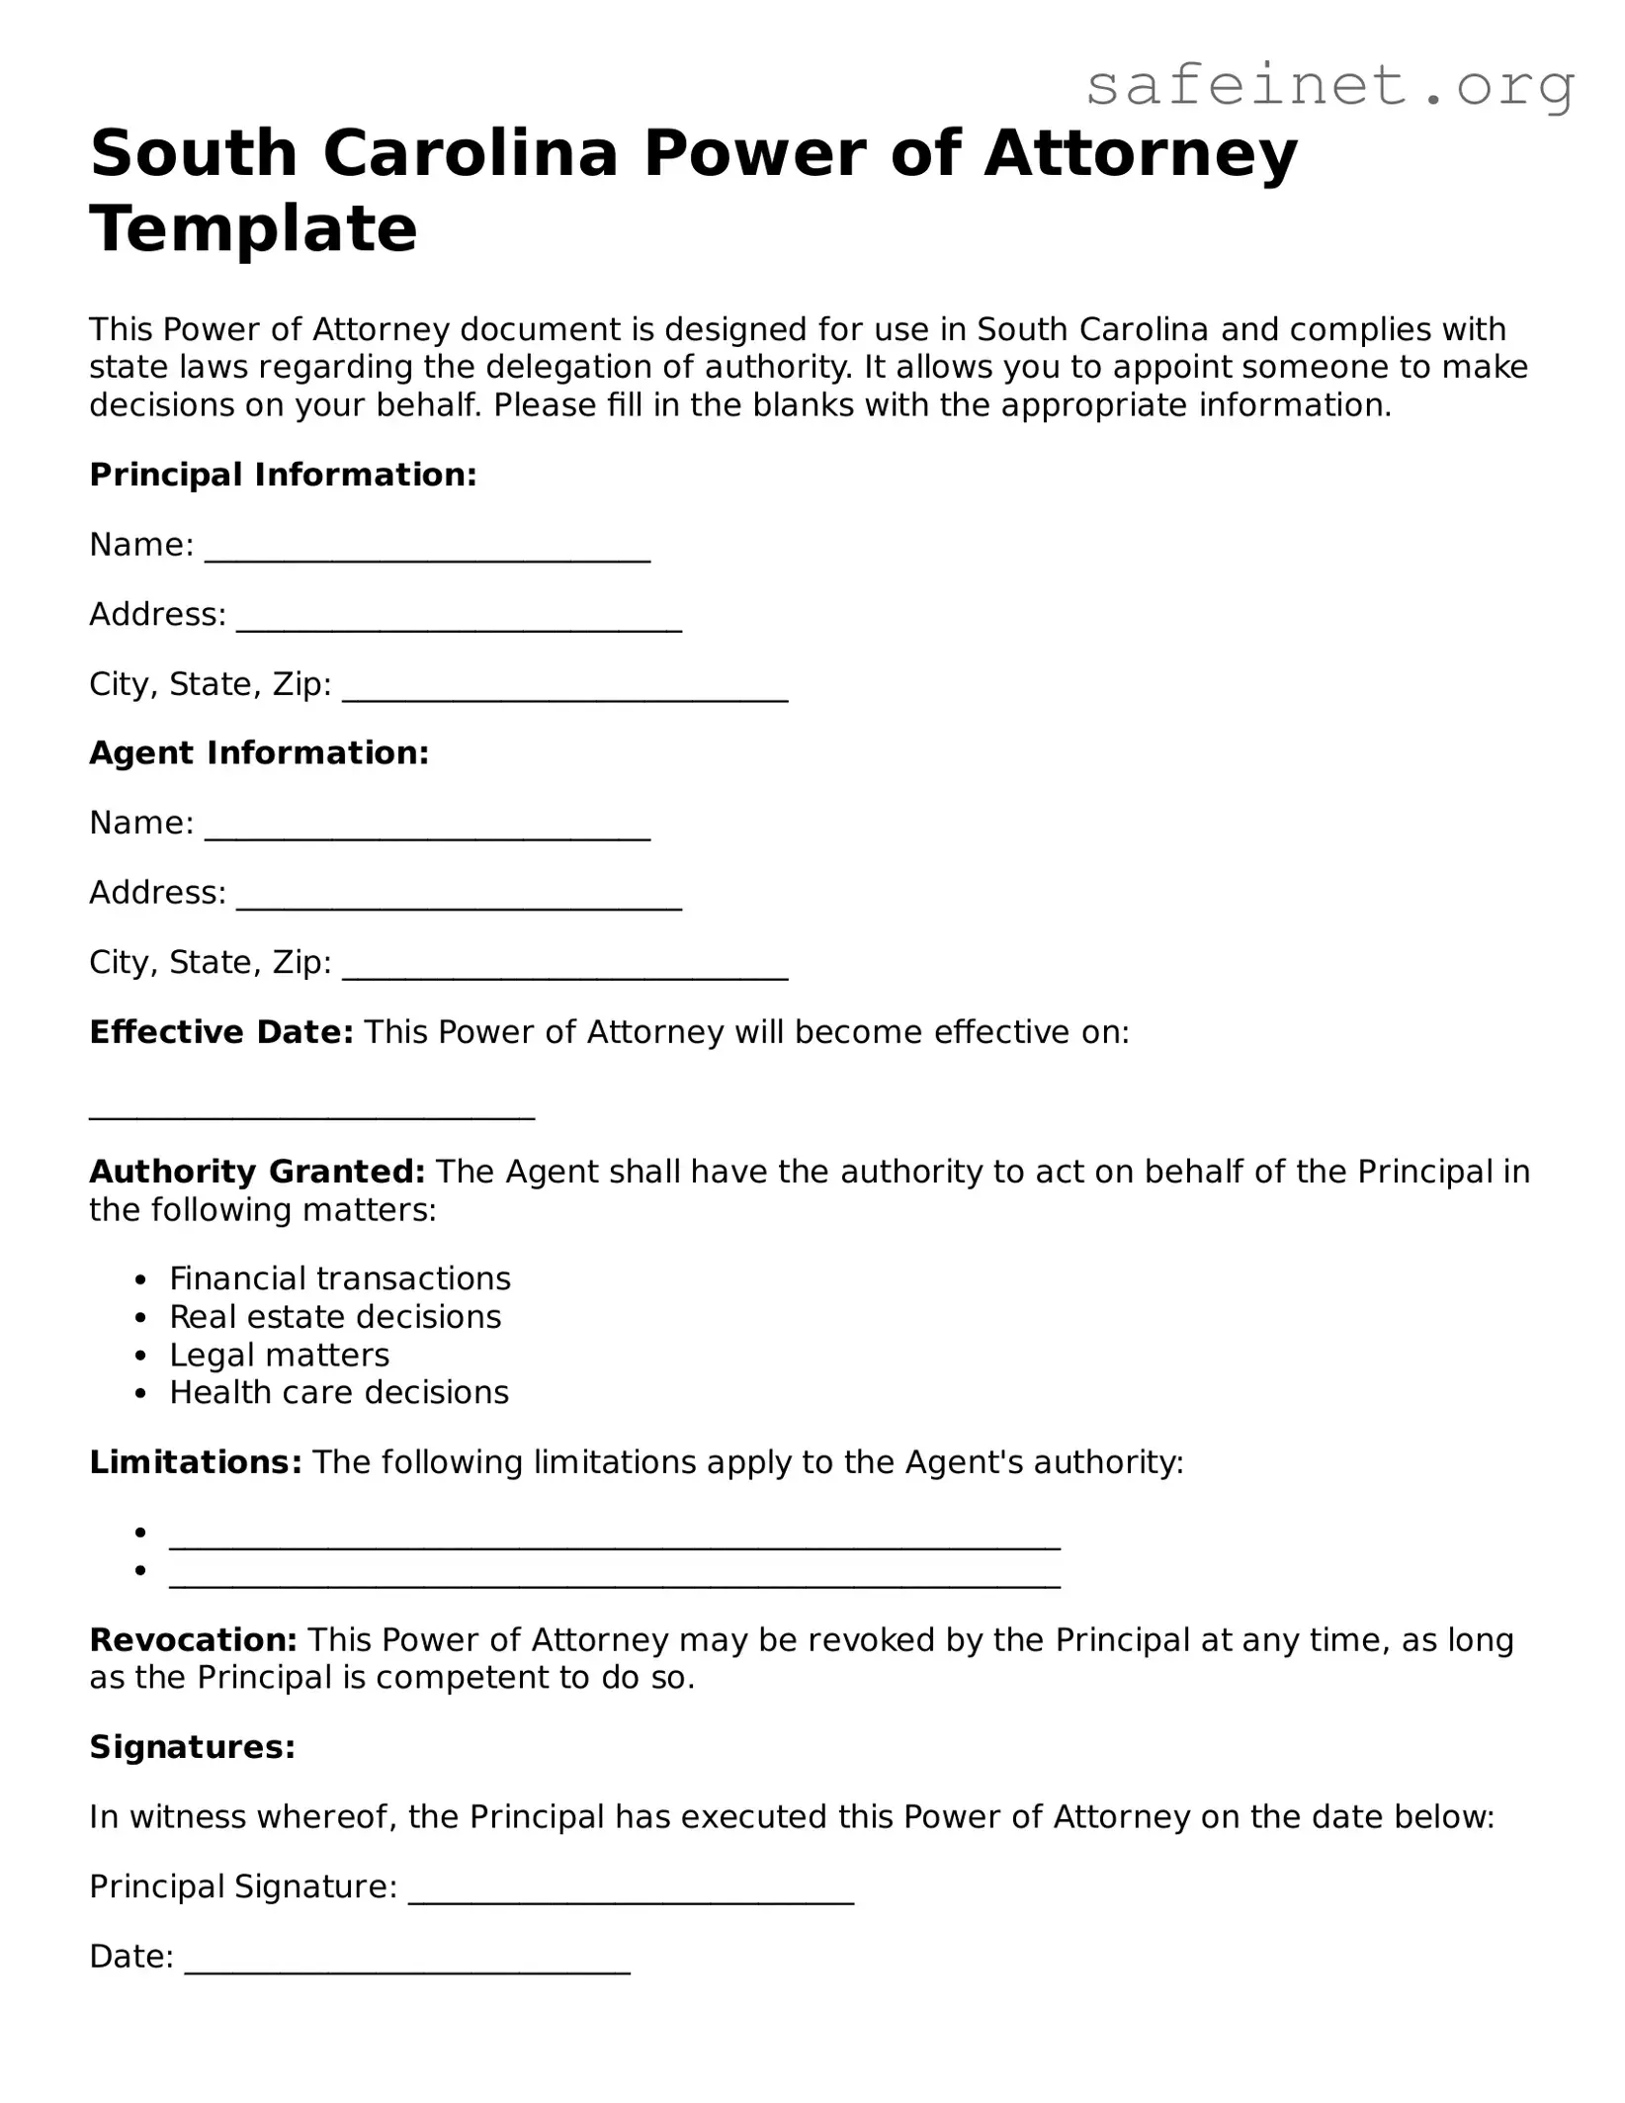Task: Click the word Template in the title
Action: pyautogui.click(x=253, y=228)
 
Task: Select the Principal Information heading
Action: pyautogui.click(x=283, y=475)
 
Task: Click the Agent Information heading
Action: pyautogui.click(x=259, y=753)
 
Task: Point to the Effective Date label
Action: pyautogui.click(x=220, y=1032)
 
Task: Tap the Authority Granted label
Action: pyautogui.click(x=257, y=1172)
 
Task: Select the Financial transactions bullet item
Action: pyautogui.click(x=340, y=1278)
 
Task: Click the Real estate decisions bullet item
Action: pyautogui.click(x=335, y=1317)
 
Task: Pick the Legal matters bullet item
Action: pyautogui.click(x=280, y=1355)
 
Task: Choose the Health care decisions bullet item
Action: pyautogui.click(x=339, y=1392)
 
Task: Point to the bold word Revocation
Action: pyautogui.click(x=193, y=1640)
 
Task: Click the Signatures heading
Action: pyautogui.click(x=192, y=1747)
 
